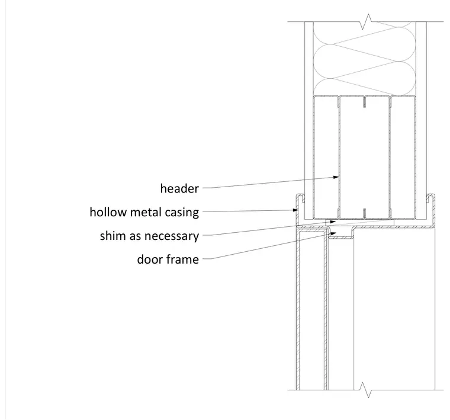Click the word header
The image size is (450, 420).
179,188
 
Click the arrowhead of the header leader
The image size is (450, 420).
336,177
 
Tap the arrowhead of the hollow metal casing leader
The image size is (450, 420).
295,210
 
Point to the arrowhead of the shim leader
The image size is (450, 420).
333,222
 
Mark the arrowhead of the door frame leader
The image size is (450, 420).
333,233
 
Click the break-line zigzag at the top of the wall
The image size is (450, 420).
366,21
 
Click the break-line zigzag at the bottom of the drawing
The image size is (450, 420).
366,390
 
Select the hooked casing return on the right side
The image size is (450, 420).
431,198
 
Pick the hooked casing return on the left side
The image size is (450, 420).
300,198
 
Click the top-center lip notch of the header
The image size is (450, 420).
365,102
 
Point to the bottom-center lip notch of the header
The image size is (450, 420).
365,214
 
